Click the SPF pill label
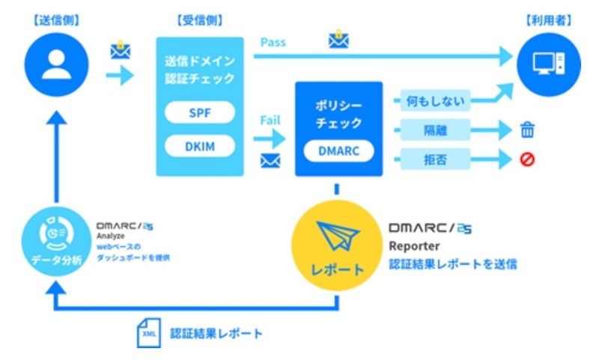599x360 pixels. pyautogui.click(x=200, y=112)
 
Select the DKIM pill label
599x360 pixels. pyautogui.click(x=200, y=147)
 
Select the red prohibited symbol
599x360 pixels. pyautogui.click(x=528, y=159)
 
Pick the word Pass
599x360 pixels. pyautogui.click(x=273, y=42)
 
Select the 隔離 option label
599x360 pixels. pyautogui.click(x=434, y=130)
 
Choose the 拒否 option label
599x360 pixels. pyautogui.click(x=434, y=158)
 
